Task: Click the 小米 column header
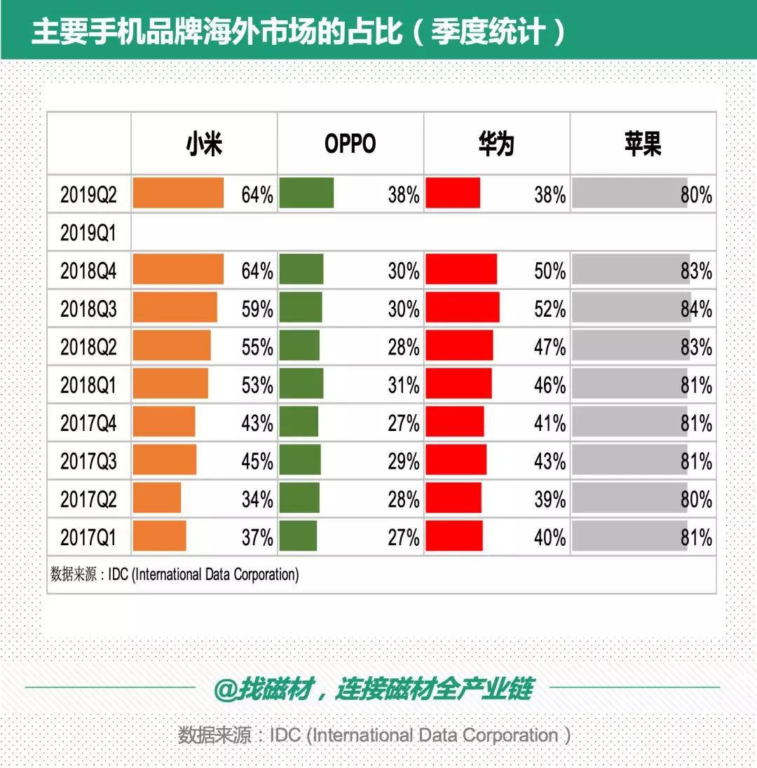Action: [204, 144]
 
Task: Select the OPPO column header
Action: [350, 144]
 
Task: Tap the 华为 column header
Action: [496, 144]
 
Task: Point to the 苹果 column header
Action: [643, 144]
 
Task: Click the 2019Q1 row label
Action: [88, 233]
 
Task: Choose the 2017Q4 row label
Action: [88, 423]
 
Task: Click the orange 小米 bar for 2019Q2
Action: [178, 193]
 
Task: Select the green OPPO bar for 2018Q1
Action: [301, 383]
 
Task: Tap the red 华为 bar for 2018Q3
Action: [463, 307]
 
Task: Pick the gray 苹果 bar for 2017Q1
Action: [629, 536]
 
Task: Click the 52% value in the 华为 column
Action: [550, 309]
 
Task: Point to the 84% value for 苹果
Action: [696, 309]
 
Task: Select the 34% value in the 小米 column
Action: [257, 500]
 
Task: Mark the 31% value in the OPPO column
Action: [404, 385]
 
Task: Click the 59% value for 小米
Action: [257, 309]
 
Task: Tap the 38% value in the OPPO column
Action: [404, 195]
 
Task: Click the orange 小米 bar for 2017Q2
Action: [157, 498]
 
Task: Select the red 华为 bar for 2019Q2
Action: [453, 193]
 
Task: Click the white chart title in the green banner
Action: [299, 32]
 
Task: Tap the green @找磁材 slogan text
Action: [374, 689]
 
